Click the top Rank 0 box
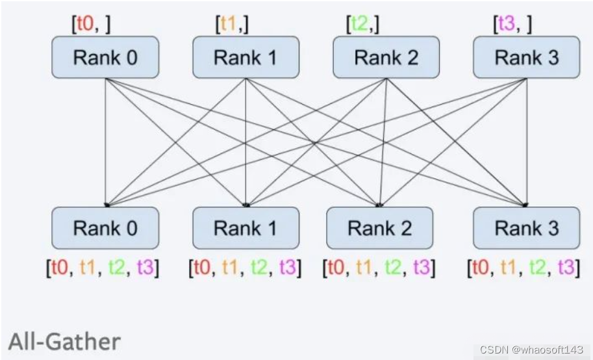pyautogui.click(x=105, y=57)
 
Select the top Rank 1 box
pyautogui.click(x=246, y=57)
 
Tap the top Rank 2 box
pyautogui.click(x=386, y=57)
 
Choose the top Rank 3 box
pyautogui.click(x=526, y=57)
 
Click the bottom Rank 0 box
pyautogui.click(x=105, y=228)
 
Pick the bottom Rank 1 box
pyautogui.click(x=246, y=228)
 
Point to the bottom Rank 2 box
pyautogui.click(x=379, y=228)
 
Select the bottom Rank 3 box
pyautogui.click(x=526, y=228)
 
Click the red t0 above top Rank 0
pyautogui.click(x=86, y=24)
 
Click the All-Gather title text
pyautogui.click(x=64, y=341)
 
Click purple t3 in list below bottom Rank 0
pyautogui.click(x=144, y=267)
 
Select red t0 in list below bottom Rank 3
pyautogui.click(x=481, y=267)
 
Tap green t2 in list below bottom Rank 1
pyautogui.click(x=259, y=267)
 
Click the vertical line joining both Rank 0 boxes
pyautogui.click(x=105, y=143)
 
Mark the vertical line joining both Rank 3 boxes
pyautogui.click(x=526, y=143)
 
